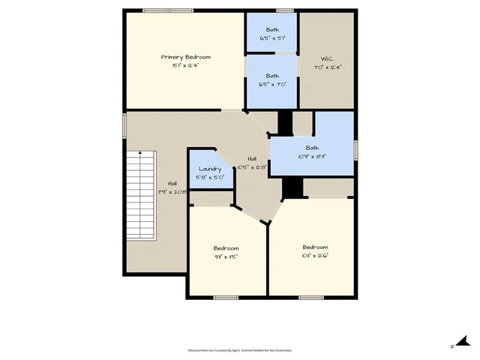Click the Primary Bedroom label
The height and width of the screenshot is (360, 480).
click(185, 57)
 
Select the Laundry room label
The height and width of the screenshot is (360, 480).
click(209, 169)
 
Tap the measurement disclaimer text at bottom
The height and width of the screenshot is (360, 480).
click(239, 350)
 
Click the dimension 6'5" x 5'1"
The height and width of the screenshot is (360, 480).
click(271, 37)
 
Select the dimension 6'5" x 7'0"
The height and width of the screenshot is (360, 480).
click(271, 84)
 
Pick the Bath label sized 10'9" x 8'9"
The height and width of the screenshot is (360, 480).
click(311, 148)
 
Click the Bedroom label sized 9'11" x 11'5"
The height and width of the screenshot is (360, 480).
click(226, 248)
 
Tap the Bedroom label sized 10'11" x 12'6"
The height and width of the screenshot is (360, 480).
click(315, 247)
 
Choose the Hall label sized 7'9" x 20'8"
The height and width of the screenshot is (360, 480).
click(172, 184)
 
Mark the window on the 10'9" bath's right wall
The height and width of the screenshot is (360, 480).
click(355, 149)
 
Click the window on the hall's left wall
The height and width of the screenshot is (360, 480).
click(124, 124)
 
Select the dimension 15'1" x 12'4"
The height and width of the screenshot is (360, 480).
click(185, 65)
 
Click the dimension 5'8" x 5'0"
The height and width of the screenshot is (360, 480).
click(209, 178)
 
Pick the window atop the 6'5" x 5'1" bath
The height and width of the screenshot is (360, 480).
click(284, 10)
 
